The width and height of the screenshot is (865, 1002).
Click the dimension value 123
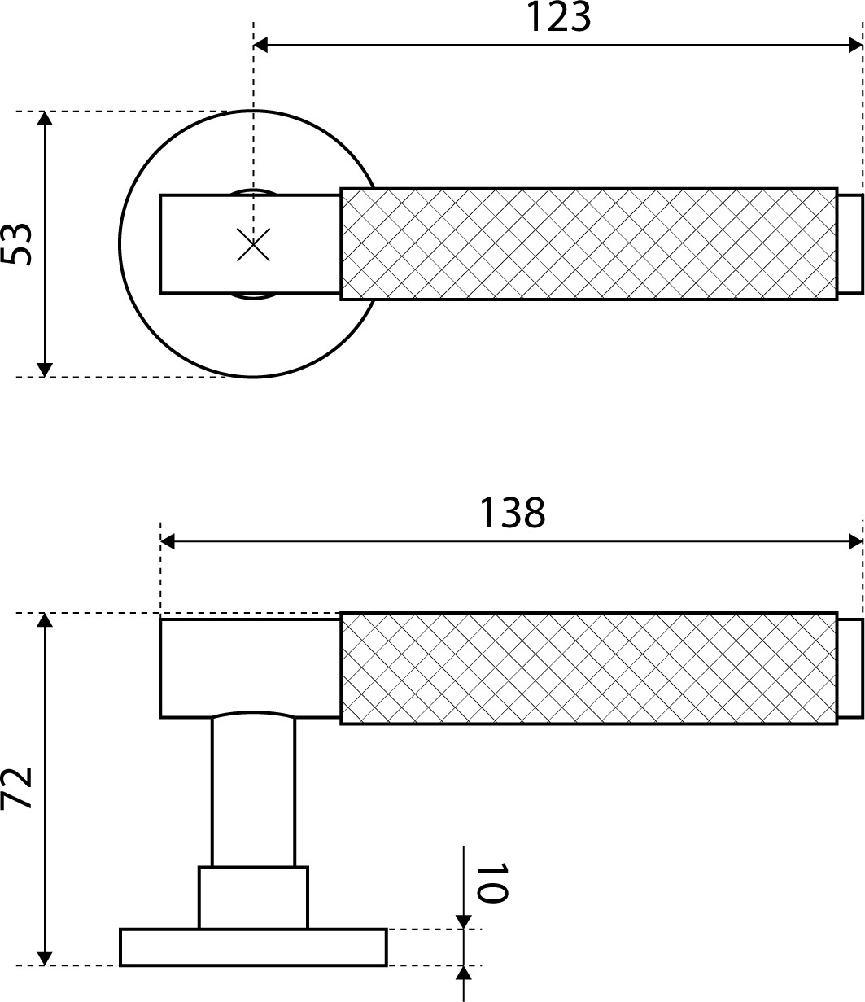click(559, 18)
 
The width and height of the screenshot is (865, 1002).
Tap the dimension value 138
click(512, 513)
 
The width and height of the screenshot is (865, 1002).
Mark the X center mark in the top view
click(253, 244)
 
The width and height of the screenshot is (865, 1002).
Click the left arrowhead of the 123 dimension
click(260, 45)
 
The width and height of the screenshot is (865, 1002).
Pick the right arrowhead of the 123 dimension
click(856, 45)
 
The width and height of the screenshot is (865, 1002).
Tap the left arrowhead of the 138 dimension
click(168, 542)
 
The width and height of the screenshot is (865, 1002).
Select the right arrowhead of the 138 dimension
click(856, 542)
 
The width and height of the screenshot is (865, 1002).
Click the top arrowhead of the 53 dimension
click(45, 119)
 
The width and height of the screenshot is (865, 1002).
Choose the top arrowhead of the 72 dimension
click(45, 620)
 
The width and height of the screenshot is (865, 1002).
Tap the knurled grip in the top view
click(589, 244)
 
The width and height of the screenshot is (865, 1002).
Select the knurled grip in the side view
click(589, 668)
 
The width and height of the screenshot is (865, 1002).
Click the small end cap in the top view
click(850, 244)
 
